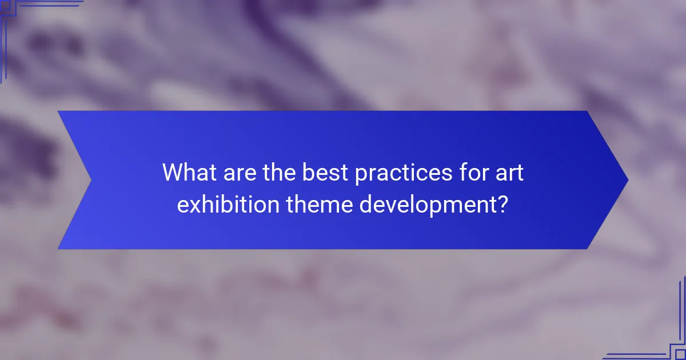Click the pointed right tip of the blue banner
(627, 180)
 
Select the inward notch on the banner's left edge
(91, 180)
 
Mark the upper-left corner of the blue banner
(59, 112)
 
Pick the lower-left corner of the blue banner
(59, 248)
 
